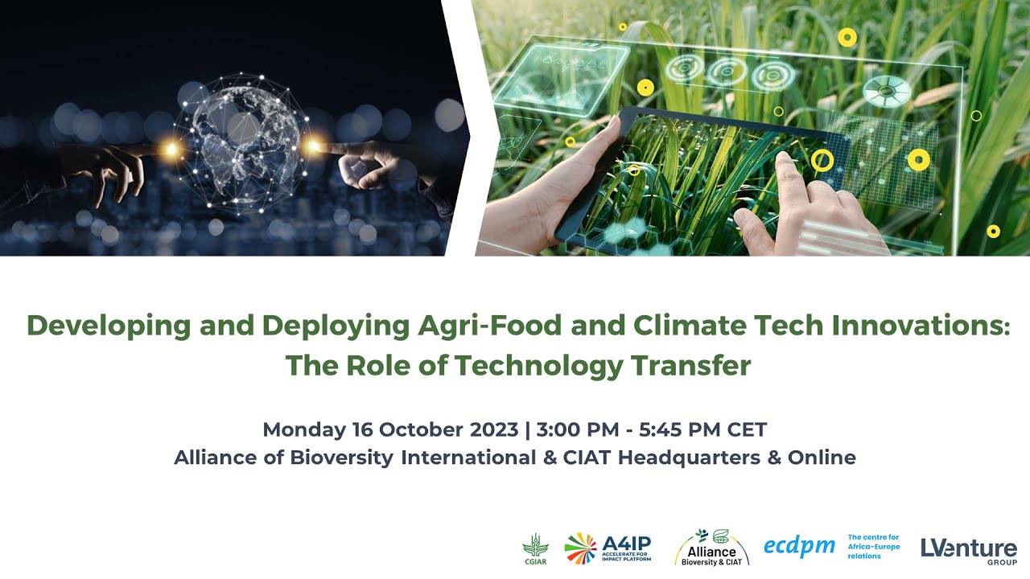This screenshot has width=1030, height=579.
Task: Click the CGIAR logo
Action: coord(534,549)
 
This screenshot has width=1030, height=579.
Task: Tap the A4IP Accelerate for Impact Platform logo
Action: coord(608,548)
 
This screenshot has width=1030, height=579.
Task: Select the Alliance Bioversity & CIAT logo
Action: coord(711,548)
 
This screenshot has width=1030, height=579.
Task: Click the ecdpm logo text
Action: coord(799,547)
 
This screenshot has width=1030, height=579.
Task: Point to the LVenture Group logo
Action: coord(969,549)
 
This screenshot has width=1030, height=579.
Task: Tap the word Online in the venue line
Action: coord(822,458)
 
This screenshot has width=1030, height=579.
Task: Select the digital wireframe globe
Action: coord(239,145)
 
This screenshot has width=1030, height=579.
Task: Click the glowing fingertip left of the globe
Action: coord(169,149)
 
